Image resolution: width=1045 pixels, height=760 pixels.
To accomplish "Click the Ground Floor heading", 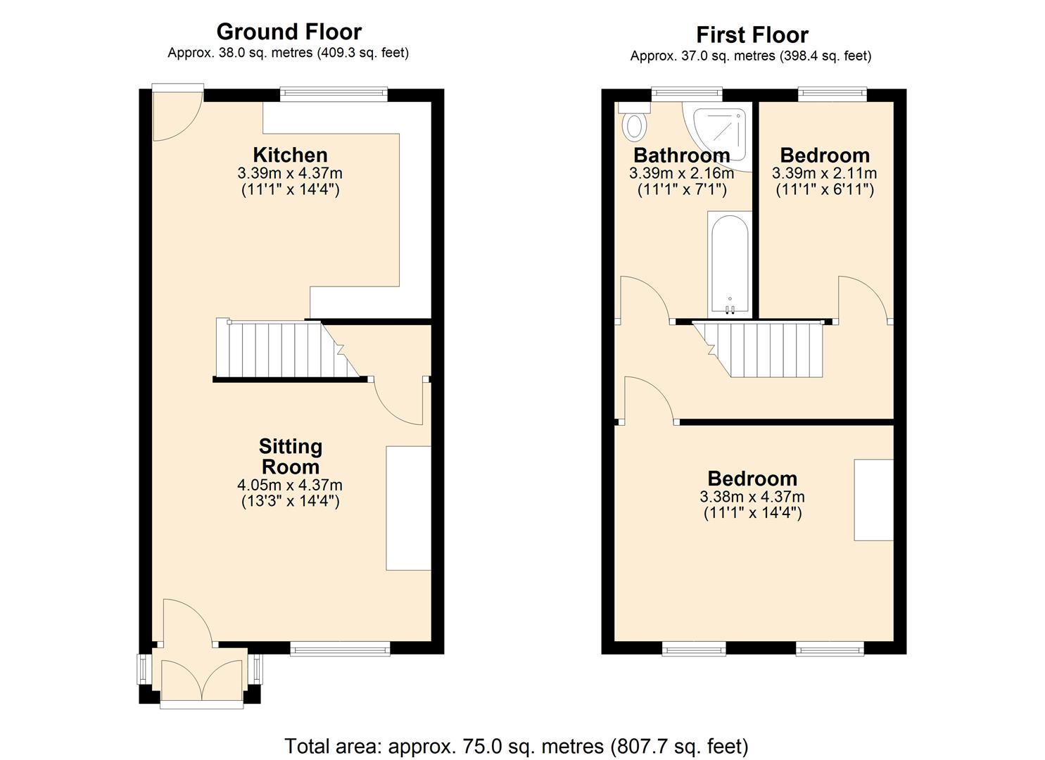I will pos(289,32).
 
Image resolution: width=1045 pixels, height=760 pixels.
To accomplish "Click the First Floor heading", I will pos(752,34).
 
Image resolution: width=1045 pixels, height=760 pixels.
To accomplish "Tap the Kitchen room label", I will pos(290,155).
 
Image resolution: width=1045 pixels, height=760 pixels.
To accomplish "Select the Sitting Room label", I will pos(290,456).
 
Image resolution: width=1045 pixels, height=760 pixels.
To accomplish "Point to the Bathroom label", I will pos(681,155).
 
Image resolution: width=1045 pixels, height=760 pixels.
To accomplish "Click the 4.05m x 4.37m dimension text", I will pos(290,485).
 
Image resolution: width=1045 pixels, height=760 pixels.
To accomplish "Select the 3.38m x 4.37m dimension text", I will pos(752,497).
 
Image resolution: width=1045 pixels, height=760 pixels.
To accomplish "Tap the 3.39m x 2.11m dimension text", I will pos(824,173).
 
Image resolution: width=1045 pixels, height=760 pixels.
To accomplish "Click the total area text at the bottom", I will pos(516,745).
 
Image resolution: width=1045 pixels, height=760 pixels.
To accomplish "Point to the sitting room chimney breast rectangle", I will pos(408,507).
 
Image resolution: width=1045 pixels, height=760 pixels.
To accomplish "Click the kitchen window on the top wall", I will pos(333,94).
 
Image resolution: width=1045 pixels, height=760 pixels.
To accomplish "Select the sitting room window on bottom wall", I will pos(340,649).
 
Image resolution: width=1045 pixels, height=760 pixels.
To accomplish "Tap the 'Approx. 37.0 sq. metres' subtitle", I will pos(750,56).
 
